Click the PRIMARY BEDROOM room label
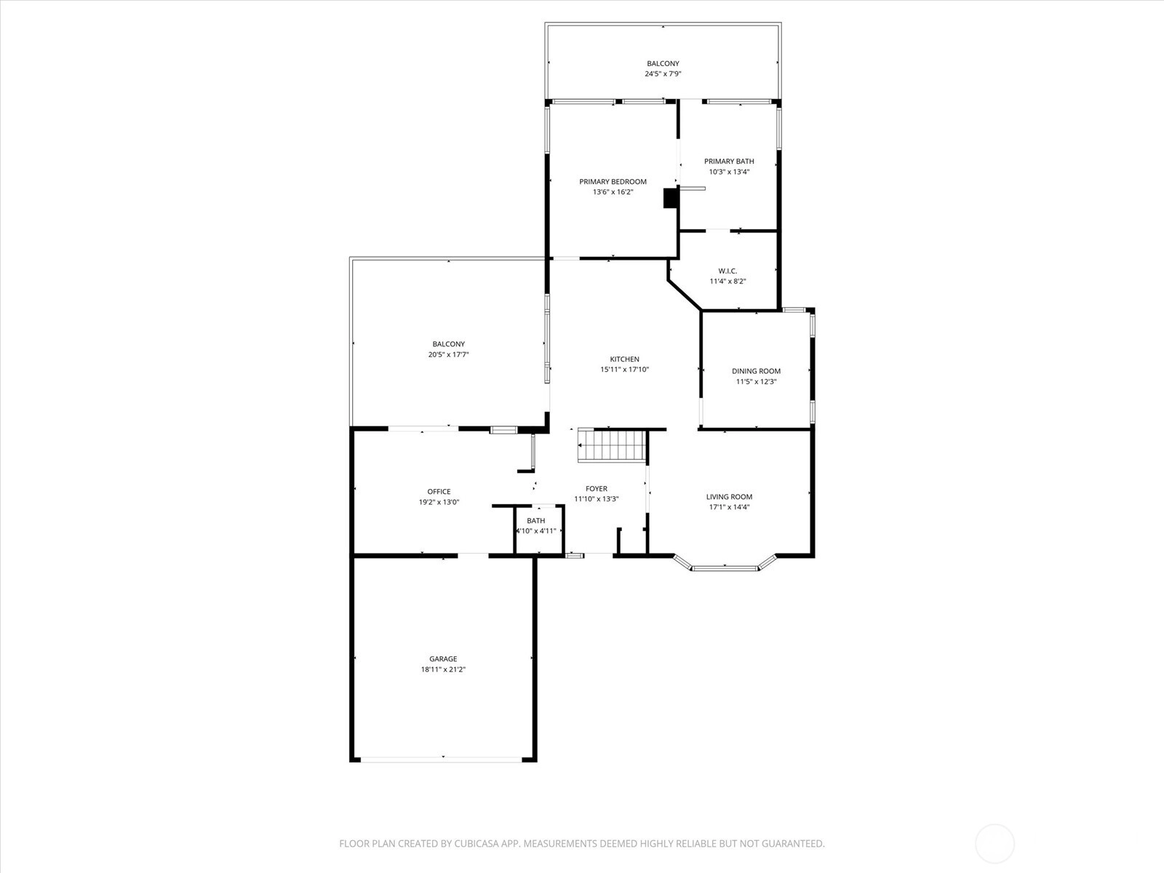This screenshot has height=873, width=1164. (x=613, y=182)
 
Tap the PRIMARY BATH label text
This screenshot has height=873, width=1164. (x=729, y=161)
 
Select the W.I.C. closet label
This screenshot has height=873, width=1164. (x=727, y=271)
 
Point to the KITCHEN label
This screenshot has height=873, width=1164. (x=624, y=359)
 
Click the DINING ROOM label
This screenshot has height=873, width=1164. (x=756, y=371)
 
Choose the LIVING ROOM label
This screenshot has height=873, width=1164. (x=729, y=497)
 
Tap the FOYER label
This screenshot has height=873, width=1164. (x=596, y=489)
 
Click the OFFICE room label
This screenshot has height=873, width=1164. (x=439, y=492)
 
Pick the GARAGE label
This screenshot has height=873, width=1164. (x=443, y=659)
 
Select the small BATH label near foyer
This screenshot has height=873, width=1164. (x=535, y=520)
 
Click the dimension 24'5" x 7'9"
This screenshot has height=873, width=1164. (x=662, y=73)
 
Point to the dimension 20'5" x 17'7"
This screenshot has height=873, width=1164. (x=449, y=354)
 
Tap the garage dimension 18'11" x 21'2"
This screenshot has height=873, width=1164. (x=443, y=669)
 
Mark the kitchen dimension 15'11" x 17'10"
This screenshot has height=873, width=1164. (x=624, y=370)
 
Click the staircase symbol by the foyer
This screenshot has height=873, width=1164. (x=612, y=445)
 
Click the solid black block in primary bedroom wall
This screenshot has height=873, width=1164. (x=670, y=198)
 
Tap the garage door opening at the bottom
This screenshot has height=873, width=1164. (x=441, y=759)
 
